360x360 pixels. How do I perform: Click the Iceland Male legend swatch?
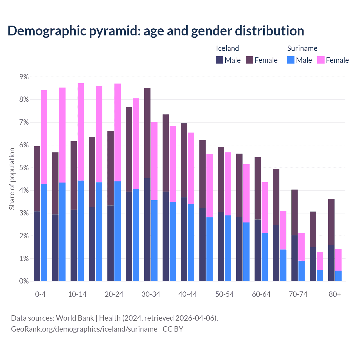219,60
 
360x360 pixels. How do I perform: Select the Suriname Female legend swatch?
321,60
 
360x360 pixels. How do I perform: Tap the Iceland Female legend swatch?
249,60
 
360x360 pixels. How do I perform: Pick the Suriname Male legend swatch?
291,60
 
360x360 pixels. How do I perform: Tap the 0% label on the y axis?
24,281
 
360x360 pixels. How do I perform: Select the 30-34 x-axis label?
151,294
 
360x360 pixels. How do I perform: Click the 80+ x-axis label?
335,294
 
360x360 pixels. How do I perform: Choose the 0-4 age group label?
40,294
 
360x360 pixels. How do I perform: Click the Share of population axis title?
12,179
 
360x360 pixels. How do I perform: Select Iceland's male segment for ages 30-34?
147,229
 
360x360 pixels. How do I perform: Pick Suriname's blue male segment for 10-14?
81,231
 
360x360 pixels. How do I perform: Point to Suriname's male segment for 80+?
338,276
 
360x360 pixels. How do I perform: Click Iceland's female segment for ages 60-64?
258,188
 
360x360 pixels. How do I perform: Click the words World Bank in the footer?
75,318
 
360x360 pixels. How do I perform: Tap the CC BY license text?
173,329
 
